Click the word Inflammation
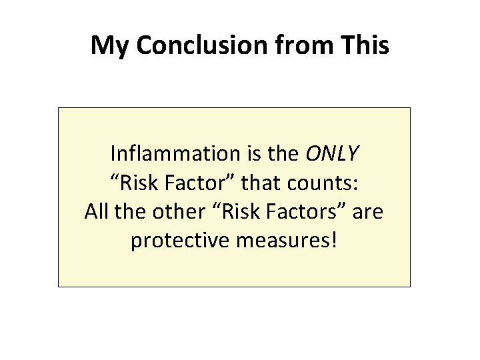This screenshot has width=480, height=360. pyautogui.click(x=175, y=155)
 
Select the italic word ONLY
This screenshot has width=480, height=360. pyautogui.click(x=331, y=155)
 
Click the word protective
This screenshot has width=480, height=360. pyautogui.click(x=179, y=241)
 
